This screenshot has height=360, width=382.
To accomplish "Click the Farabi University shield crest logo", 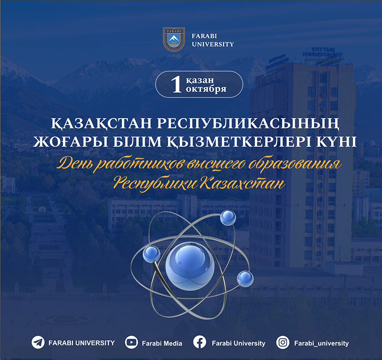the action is pos(174,39).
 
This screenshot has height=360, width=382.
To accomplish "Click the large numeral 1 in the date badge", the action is pos(177,84).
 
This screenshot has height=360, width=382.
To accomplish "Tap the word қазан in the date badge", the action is pos(200,80).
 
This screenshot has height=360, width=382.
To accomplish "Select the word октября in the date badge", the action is pos(206,89).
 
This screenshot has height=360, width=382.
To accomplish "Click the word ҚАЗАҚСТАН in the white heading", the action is pos(101,123).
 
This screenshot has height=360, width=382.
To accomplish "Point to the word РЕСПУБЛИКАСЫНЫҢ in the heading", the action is pos(248,123).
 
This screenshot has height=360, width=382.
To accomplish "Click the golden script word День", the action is pos(76,164).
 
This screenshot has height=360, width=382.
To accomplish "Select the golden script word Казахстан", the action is pos(243,183).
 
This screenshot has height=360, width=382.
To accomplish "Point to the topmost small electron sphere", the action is pos(228,217).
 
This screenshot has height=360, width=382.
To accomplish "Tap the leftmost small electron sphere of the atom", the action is pos(152,254).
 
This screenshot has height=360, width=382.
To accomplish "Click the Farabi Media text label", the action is pos(162,343).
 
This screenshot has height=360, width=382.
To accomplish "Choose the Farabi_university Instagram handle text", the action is pos(322,343).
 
